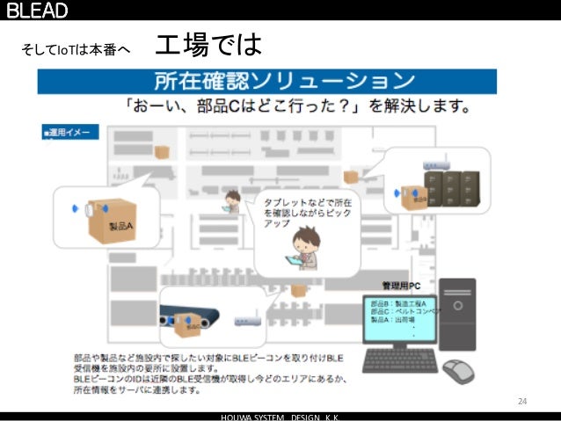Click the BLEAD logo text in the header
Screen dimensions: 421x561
37,10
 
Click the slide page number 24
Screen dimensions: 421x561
521,402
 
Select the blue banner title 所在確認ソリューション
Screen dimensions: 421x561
284,82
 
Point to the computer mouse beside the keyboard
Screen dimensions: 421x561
457,369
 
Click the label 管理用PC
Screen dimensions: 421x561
404,286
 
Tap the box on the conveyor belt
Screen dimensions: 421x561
194,323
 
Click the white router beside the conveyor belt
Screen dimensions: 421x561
246,322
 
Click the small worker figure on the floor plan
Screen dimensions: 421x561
232,201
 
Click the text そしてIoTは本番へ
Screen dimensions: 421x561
75,49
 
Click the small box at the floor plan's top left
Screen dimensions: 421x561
162,151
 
